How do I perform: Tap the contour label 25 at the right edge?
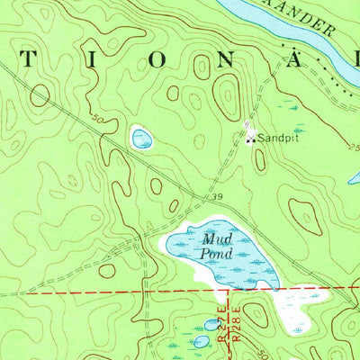tap(351, 146)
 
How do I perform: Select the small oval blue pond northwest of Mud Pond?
tap(141, 138)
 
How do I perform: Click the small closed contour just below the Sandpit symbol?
tap(259, 160)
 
